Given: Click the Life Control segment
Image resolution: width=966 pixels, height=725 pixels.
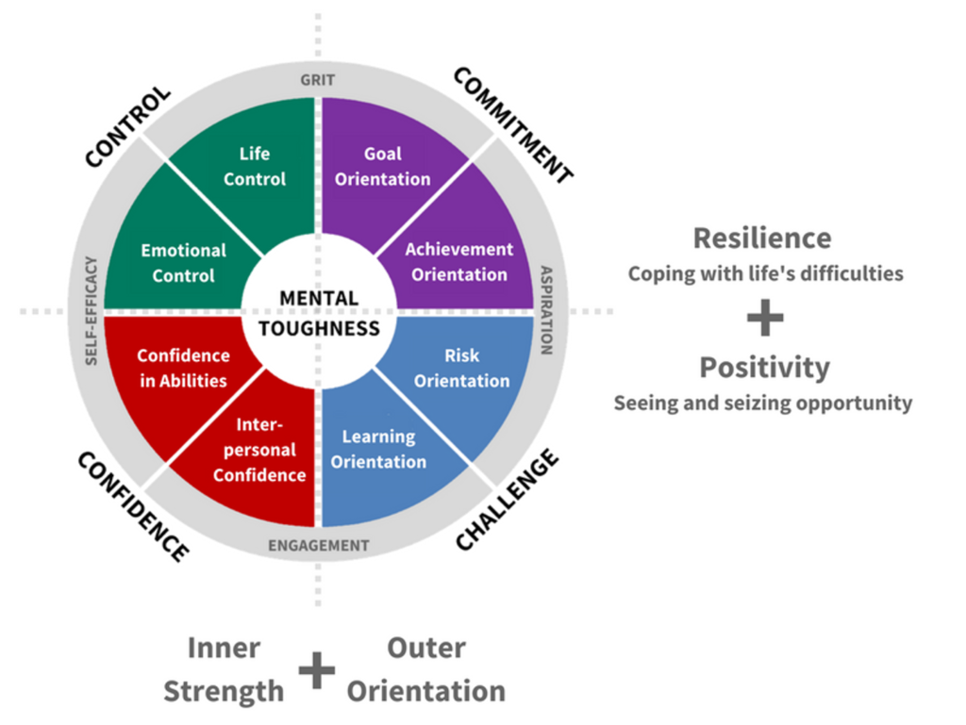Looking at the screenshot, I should (254, 166).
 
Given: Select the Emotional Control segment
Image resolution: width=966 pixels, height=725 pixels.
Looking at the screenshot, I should (184, 263).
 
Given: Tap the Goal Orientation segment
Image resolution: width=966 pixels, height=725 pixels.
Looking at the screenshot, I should (383, 166).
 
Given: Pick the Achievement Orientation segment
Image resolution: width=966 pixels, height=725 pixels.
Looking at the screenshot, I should (458, 261).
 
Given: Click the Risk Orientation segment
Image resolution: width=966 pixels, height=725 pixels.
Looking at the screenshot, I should (461, 368).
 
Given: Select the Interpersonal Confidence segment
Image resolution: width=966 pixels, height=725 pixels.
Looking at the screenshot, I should (258, 451).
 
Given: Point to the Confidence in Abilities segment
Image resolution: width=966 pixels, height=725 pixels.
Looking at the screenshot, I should (183, 368).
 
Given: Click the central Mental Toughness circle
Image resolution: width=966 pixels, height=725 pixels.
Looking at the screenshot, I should (318, 313).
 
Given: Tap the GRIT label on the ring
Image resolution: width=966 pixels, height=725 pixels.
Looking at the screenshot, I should (318, 80).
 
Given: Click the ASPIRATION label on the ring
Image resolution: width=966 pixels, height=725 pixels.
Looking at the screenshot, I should (546, 310).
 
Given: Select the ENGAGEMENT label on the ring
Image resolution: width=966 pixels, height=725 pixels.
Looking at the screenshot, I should (318, 545).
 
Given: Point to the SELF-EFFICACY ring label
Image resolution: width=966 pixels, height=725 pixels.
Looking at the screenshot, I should (92, 310).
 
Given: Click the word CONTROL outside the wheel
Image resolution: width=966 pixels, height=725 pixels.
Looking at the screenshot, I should (127, 127).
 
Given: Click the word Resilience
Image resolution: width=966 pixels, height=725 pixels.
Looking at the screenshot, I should (762, 238).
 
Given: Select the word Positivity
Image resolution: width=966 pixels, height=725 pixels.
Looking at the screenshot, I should (764, 367).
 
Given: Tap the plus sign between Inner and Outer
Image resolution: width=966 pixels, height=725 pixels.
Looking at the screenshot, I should (317, 670).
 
